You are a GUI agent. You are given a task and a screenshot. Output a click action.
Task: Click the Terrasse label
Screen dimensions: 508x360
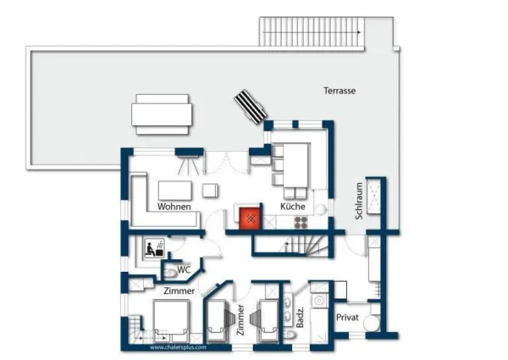click(x=340, y=91)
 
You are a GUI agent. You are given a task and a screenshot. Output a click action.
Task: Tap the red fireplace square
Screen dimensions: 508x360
click(x=250, y=219)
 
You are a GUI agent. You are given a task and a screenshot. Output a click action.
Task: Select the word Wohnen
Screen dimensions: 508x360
click(x=174, y=207)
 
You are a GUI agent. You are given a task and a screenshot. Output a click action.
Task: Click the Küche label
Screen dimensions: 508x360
click(x=293, y=206)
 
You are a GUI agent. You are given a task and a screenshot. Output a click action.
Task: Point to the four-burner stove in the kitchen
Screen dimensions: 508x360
click(x=301, y=222)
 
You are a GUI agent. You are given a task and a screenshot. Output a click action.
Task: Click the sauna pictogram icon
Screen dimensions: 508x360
click(x=154, y=248)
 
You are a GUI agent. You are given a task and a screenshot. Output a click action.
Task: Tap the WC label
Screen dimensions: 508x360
click(x=184, y=269)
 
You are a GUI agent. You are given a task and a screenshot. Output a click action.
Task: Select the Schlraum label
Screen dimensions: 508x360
click(x=359, y=201)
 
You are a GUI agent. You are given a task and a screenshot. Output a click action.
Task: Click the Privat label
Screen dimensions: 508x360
click(x=347, y=318)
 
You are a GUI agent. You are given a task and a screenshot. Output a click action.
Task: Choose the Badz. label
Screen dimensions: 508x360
click(x=300, y=317)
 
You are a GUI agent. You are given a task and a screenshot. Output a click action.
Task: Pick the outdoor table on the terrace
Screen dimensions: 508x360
click(x=162, y=114)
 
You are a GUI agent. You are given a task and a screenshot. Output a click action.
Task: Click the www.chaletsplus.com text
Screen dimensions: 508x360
click(x=178, y=347)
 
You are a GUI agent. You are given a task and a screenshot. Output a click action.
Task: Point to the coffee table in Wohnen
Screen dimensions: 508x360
click(x=175, y=191)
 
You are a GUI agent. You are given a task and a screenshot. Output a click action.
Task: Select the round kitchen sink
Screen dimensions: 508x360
click(x=322, y=210)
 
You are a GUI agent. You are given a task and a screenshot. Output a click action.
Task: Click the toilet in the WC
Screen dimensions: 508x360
click(x=170, y=274)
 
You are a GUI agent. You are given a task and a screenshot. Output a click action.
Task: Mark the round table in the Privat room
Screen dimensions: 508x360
click(x=372, y=324)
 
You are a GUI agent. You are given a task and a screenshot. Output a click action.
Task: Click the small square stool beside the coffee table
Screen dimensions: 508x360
click(x=210, y=191)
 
